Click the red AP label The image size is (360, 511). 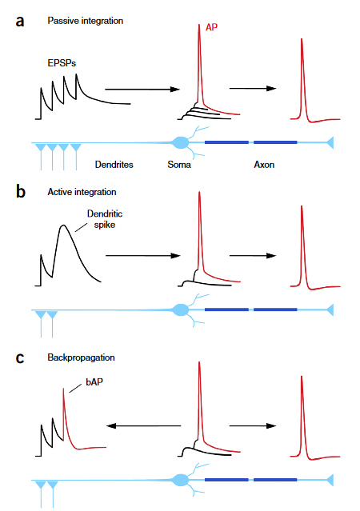pos(211,27)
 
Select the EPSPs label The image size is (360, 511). pos(62,63)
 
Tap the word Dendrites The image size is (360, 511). pos(114,165)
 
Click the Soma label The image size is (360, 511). pos(179,165)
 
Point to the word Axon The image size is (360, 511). pos(264,165)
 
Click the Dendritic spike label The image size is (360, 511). pos(105,219)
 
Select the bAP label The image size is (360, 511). pos(94,381)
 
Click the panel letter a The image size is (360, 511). pos(20,22)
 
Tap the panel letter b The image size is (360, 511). pos(21,191)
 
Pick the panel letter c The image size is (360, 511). pos(20,357)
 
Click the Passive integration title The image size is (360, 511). pos(86,21)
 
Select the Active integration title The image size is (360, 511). pos(82,192)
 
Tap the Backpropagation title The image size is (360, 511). pos(81,357)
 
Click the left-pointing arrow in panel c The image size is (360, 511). pos(144,425)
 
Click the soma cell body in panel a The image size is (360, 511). pos(180,142)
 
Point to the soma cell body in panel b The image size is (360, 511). pos(180,309)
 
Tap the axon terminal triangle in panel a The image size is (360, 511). pos(330,142)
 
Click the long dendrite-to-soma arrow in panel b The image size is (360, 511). pos(143,256)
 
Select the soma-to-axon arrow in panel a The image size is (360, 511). pos(253,88)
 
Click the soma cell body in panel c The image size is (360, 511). pos(180,480)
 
